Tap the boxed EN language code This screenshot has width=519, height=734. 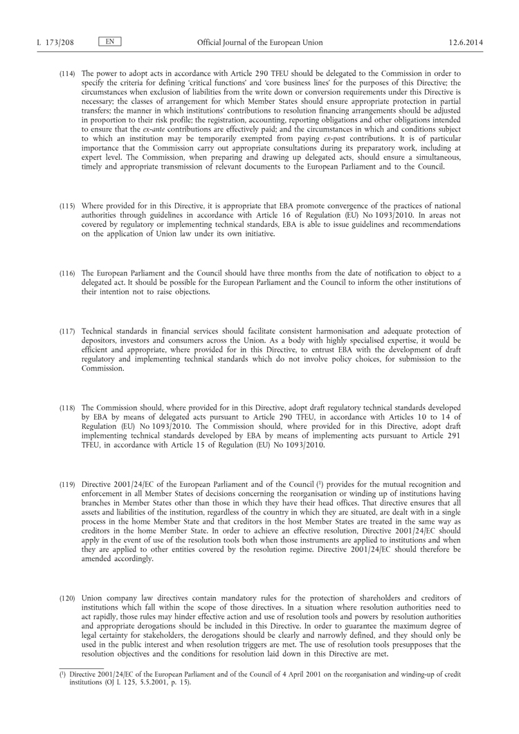pyautogui.click(x=109, y=42)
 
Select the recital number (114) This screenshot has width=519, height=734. pyautogui.click(x=67, y=73)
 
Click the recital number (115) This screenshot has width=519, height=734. pyautogui.click(x=67, y=207)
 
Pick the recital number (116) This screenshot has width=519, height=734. pyautogui.click(x=67, y=274)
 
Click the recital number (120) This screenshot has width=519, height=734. pyautogui.click(x=67, y=597)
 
